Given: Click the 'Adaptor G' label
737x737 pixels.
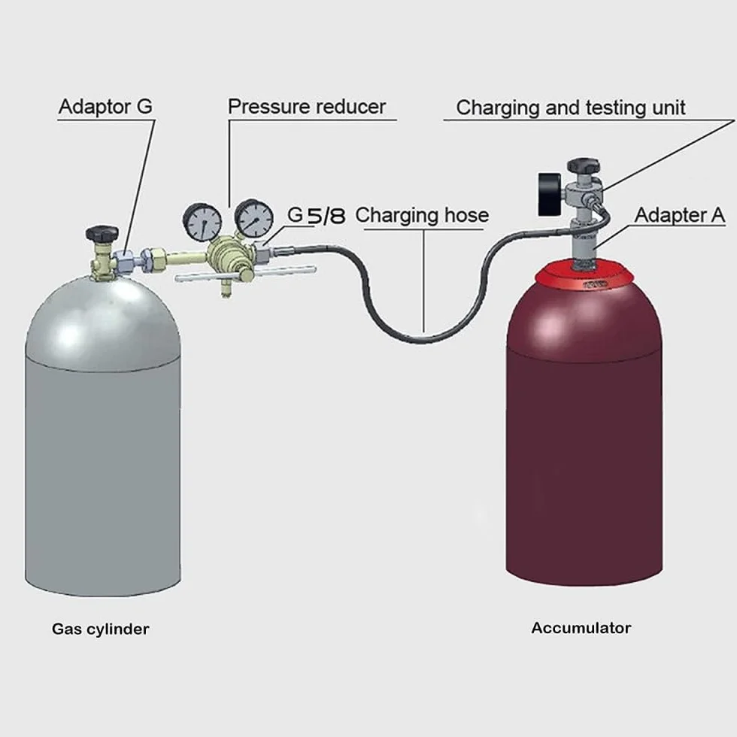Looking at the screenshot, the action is pos(105,107).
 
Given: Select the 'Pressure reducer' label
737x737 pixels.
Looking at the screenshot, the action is pos(307,107).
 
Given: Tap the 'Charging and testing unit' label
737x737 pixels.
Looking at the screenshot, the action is pos(571,108).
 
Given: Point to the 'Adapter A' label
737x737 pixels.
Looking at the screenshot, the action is pos(680,215).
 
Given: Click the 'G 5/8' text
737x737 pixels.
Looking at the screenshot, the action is pos(317,215).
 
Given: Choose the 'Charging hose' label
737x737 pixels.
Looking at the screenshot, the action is pos(422,215).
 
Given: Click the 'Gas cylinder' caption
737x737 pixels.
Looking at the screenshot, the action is pos(101,629).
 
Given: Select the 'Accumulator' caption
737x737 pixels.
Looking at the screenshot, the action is pos(581,628).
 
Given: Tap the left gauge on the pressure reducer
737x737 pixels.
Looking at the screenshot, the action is pos(202,223).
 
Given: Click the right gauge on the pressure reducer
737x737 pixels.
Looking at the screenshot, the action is pos(254,218).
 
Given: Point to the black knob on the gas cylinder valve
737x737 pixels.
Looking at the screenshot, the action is pos(102,233).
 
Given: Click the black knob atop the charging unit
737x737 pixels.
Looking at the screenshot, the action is pos(584,165).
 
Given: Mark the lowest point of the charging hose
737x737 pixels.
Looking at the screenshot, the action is pos(422,340).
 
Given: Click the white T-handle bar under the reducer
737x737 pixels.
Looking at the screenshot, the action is pos(245,274).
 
